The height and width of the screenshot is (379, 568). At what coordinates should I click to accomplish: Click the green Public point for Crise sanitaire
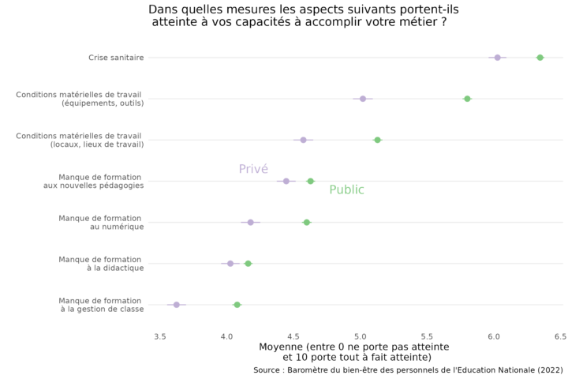(x=540, y=58)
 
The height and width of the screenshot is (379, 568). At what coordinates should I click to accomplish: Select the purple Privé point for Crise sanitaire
(x=497, y=58)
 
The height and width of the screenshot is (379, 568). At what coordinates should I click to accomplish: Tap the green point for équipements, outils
(x=467, y=99)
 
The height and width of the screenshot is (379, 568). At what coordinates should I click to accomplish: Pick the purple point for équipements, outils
(x=363, y=99)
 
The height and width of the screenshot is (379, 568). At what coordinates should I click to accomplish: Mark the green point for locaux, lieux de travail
(x=377, y=140)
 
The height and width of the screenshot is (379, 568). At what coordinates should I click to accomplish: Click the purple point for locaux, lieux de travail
(x=303, y=140)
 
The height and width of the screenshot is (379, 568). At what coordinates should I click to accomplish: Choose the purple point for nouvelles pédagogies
(x=286, y=181)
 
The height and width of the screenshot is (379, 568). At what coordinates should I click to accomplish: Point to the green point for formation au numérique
(x=307, y=222)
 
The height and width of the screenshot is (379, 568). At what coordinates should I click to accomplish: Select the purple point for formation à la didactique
(x=230, y=263)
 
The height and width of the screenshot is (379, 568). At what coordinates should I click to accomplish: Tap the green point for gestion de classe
(x=237, y=304)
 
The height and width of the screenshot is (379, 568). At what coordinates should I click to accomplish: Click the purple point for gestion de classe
(x=177, y=304)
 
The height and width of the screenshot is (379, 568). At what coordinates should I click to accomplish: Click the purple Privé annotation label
(x=253, y=169)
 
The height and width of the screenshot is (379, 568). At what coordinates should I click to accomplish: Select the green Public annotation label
(x=346, y=189)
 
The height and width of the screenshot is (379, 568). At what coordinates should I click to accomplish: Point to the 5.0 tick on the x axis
(x=360, y=336)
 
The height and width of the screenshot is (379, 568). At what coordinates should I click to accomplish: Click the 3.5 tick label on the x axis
(x=160, y=336)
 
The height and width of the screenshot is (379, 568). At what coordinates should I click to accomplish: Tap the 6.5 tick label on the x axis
(x=560, y=336)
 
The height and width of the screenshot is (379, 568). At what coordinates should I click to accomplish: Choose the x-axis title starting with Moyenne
(x=354, y=352)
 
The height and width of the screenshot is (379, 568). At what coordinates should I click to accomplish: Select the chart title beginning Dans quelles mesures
(x=304, y=16)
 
